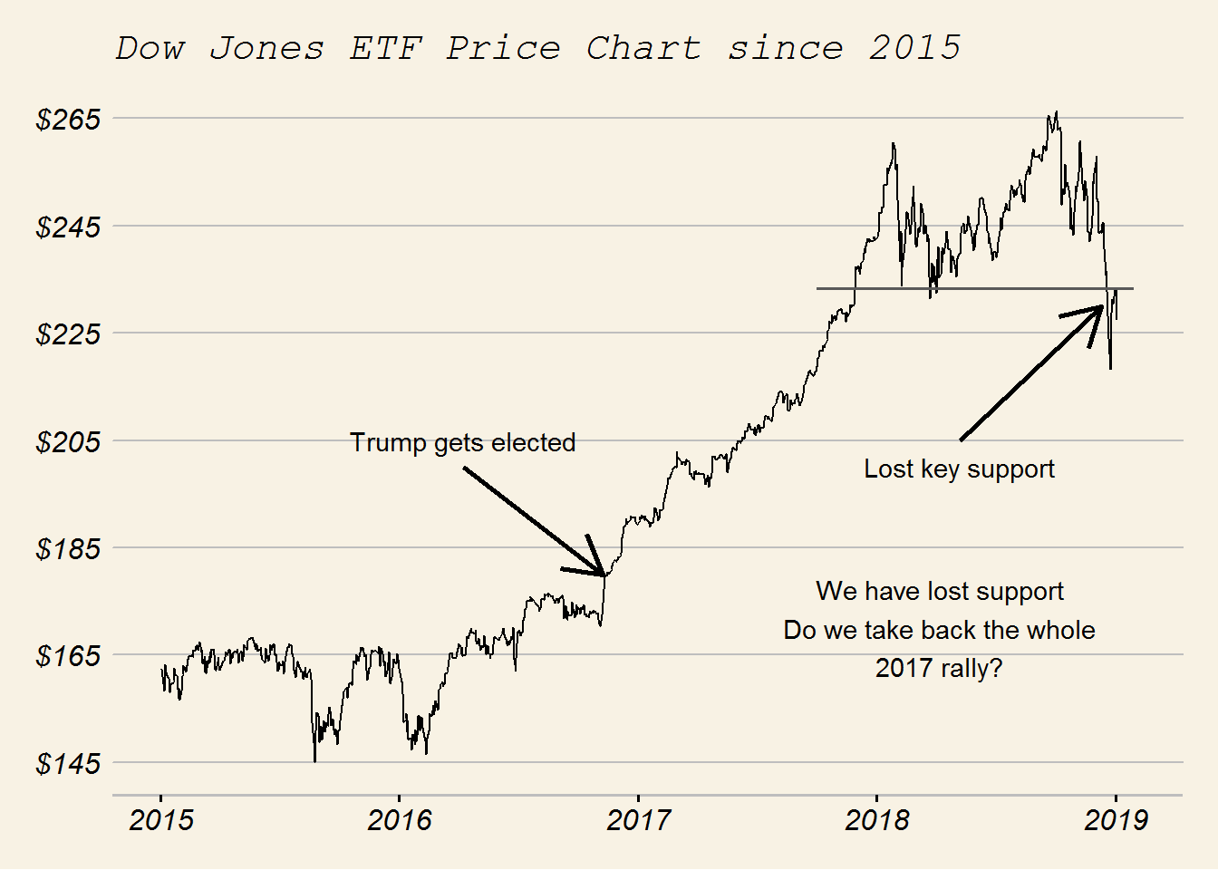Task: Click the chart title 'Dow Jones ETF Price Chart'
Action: click(x=408, y=48)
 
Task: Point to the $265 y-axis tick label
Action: click(x=68, y=119)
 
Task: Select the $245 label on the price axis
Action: click(x=68, y=227)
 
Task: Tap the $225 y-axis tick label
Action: click(x=68, y=333)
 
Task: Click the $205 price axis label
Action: click(x=68, y=441)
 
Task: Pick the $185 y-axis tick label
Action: click(x=68, y=548)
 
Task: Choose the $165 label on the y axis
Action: click(x=68, y=655)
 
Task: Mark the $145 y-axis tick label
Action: click(x=68, y=763)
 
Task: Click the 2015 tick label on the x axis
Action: click(x=161, y=820)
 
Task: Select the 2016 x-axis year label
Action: click(x=400, y=820)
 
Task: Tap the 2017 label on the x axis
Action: click(x=638, y=820)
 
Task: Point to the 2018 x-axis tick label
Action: click(x=876, y=820)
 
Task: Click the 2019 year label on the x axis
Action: click(x=1116, y=820)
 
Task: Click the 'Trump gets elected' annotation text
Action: click(x=462, y=442)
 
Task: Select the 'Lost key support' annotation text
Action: click(x=959, y=469)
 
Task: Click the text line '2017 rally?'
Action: click(x=939, y=668)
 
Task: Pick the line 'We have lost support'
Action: click(x=939, y=591)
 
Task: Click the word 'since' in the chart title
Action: click(x=785, y=48)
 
